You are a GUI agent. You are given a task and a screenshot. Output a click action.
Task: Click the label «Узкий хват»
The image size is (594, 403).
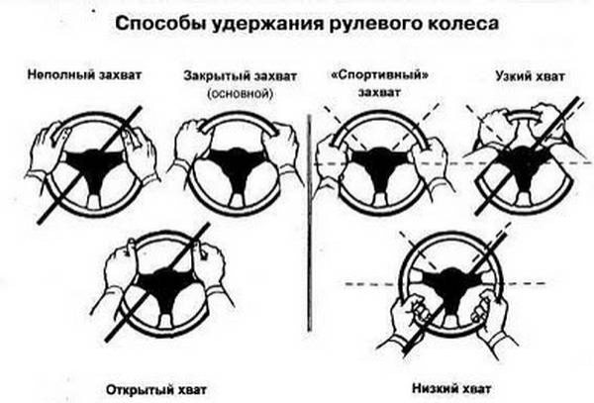pos(524,75)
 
